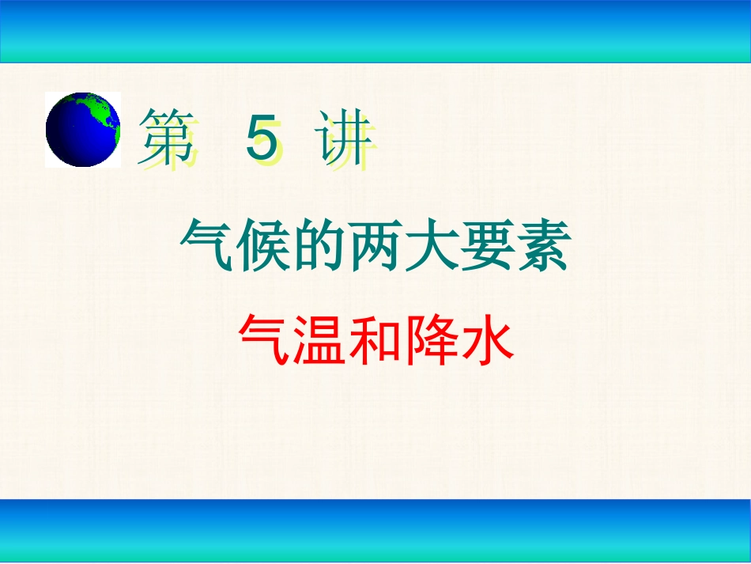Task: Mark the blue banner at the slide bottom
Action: coord(375,531)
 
